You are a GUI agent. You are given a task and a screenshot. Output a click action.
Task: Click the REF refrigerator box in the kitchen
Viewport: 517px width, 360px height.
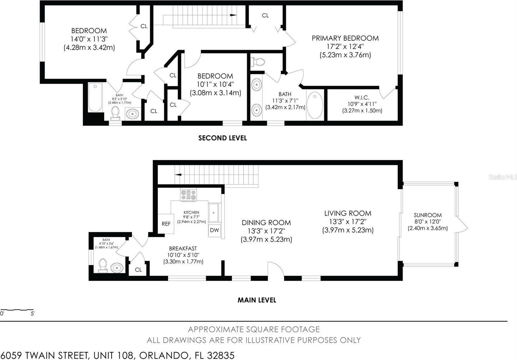(166, 224)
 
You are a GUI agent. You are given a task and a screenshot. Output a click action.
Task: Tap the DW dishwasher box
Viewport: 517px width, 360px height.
(215, 230)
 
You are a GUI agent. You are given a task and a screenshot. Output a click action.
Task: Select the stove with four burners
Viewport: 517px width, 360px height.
(189, 195)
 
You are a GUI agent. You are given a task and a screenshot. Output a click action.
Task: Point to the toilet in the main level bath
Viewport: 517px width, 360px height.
(103, 265)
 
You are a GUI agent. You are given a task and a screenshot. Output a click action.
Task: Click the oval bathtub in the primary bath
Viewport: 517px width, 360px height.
(315, 106)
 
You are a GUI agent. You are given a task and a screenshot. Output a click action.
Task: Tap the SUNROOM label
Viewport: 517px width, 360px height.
(428, 215)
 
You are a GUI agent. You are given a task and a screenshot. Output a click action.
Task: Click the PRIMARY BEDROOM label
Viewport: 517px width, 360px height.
(345, 38)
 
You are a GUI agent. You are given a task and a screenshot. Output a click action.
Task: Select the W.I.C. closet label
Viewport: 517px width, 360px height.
(362, 98)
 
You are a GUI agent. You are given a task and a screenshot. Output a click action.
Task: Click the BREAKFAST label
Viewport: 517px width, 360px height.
(183, 249)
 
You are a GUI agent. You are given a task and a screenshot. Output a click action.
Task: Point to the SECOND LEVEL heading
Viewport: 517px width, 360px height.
(222, 138)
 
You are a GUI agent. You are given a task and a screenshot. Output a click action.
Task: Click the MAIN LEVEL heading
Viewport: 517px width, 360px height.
(257, 300)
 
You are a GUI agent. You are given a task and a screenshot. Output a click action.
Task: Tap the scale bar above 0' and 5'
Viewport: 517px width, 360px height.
(17, 310)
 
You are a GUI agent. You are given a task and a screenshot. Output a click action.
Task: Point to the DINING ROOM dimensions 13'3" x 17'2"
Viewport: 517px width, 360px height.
(266, 231)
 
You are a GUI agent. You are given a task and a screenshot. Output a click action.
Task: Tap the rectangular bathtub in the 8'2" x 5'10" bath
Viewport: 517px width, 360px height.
(95, 98)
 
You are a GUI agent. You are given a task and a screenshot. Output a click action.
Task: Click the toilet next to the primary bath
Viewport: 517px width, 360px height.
(258, 62)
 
